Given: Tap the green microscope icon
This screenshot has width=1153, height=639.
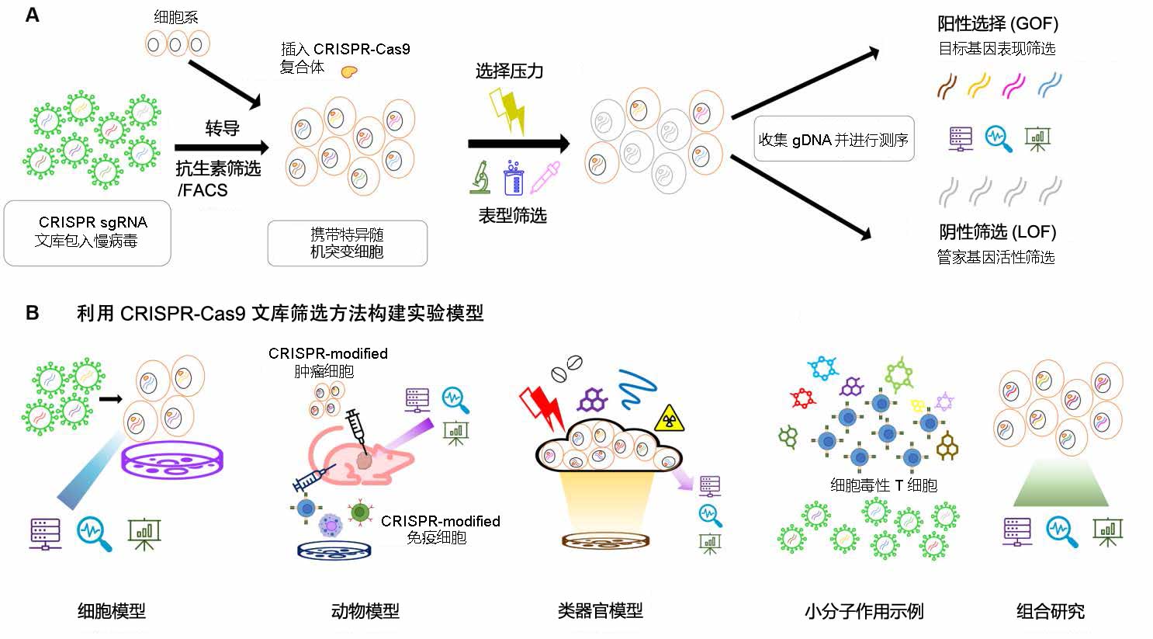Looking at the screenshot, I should coord(480,177).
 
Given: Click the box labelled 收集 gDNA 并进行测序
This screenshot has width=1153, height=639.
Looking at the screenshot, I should coord(833,140).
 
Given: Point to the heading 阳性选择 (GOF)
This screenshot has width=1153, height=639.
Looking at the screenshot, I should coord(997,23).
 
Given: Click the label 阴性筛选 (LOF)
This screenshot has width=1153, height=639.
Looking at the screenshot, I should coord(997,231).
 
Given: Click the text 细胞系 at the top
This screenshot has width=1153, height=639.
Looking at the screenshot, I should coord(176,16).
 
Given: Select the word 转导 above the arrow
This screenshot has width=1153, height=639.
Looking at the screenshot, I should coord(222,128).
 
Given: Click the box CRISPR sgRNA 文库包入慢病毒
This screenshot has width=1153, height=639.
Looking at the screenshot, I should coord(87,232).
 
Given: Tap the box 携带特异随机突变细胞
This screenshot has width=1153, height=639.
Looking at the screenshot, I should coord(347,243).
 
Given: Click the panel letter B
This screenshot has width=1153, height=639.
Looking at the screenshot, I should coord(33,312).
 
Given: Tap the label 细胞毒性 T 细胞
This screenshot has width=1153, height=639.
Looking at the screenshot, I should coord(884,485).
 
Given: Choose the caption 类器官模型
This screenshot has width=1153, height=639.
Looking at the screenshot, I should coord(600,611).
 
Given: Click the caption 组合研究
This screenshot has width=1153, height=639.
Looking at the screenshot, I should coord(1051,611).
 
